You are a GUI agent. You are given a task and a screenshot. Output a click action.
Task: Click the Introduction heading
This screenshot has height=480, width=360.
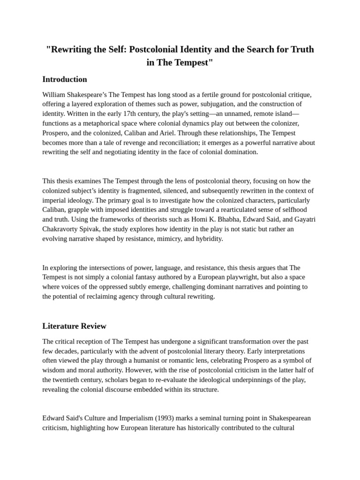pyautogui.click(x=65, y=79)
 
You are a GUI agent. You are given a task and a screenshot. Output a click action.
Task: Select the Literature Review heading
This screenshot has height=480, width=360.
pyautogui.click(x=74, y=326)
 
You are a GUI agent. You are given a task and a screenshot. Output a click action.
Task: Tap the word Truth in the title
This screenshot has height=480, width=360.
pyautogui.click(x=301, y=49)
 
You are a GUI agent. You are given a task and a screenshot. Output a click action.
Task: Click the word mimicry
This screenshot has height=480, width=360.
pyautogui.click(x=171, y=239)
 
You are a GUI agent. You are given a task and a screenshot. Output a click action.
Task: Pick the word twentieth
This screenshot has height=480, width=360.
pyautogui.click(x=68, y=380)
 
